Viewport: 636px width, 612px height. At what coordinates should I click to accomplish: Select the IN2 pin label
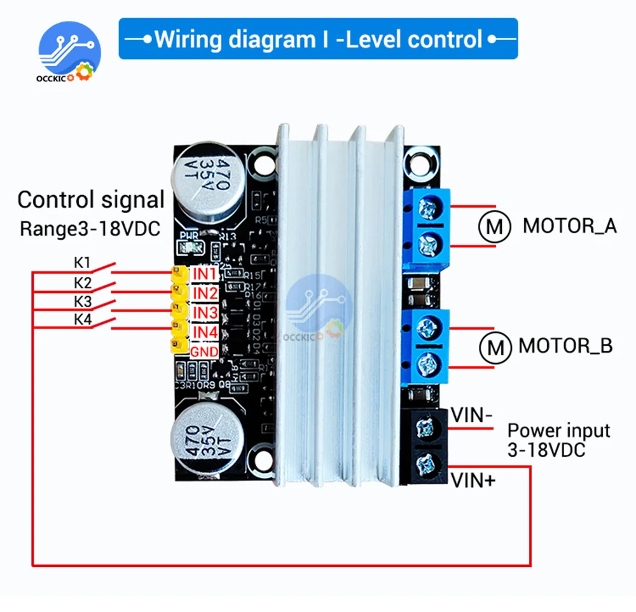(x=205, y=293)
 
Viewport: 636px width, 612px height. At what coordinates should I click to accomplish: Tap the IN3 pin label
(x=205, y=313)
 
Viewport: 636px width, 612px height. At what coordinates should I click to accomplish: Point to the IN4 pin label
(x=205, y=332)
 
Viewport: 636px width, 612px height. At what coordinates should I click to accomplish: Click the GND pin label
(x=205, y=351)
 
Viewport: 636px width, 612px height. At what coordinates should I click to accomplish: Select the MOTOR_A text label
(x=570, y=226)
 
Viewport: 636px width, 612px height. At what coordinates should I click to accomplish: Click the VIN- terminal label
(x=471, y=416)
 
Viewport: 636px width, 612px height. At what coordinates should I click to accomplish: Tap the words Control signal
(x=91, y=200)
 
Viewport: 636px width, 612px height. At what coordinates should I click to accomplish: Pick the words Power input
(x=558, y=430)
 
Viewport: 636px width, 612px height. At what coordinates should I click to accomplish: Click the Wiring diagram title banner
(x=318, y=39)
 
